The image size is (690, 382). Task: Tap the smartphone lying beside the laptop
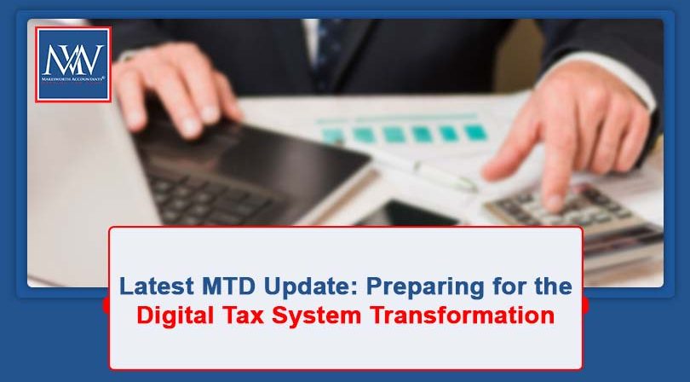400,213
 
